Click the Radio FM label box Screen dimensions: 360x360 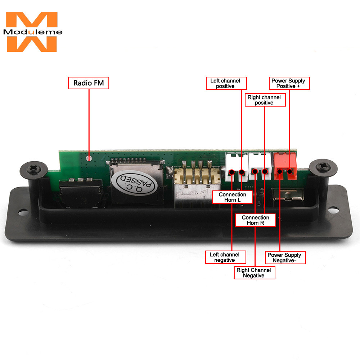[89, 83]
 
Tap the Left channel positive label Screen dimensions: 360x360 [226, 83]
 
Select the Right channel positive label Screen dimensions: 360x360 [265, 100]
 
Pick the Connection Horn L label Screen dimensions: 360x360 [232, 197]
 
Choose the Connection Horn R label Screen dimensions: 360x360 [255, 220]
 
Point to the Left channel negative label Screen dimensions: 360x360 [226, 257]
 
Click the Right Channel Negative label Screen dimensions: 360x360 [255, 273]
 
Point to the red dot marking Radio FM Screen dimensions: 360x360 [89, 157]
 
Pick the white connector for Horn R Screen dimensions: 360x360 [260, 165]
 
